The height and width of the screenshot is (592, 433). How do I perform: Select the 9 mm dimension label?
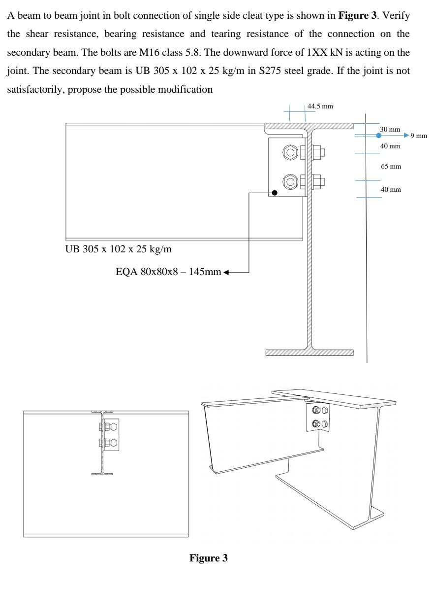pos(419,135)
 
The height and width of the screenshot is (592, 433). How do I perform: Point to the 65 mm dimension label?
pos(391,167)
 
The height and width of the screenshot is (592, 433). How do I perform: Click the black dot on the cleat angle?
pos(275,193)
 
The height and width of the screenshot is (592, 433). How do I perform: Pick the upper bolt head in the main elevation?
pos(291,152)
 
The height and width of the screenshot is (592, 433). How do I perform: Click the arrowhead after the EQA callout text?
pos(226,271)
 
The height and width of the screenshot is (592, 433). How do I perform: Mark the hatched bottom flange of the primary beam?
pos(309,352)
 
